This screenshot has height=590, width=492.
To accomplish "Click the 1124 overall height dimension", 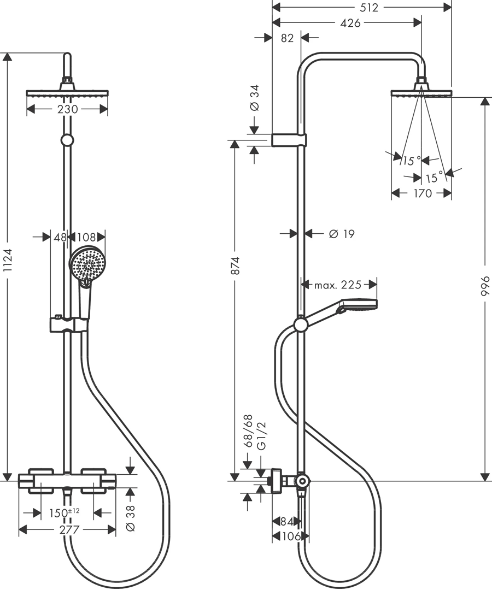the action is (8, 261).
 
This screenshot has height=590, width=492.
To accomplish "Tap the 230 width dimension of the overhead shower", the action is (68, 109).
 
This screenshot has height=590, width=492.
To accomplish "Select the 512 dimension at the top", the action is (369, 8).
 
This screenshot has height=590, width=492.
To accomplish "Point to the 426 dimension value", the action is (350, 23).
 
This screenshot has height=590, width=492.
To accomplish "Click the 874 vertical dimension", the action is (235, 265).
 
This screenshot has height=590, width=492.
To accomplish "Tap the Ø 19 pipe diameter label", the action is (342, 234).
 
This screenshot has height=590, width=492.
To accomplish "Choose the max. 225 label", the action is (338, 285).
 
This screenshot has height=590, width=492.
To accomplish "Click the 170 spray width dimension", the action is (423, 193).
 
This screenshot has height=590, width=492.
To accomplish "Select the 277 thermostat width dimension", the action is (69, 530).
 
